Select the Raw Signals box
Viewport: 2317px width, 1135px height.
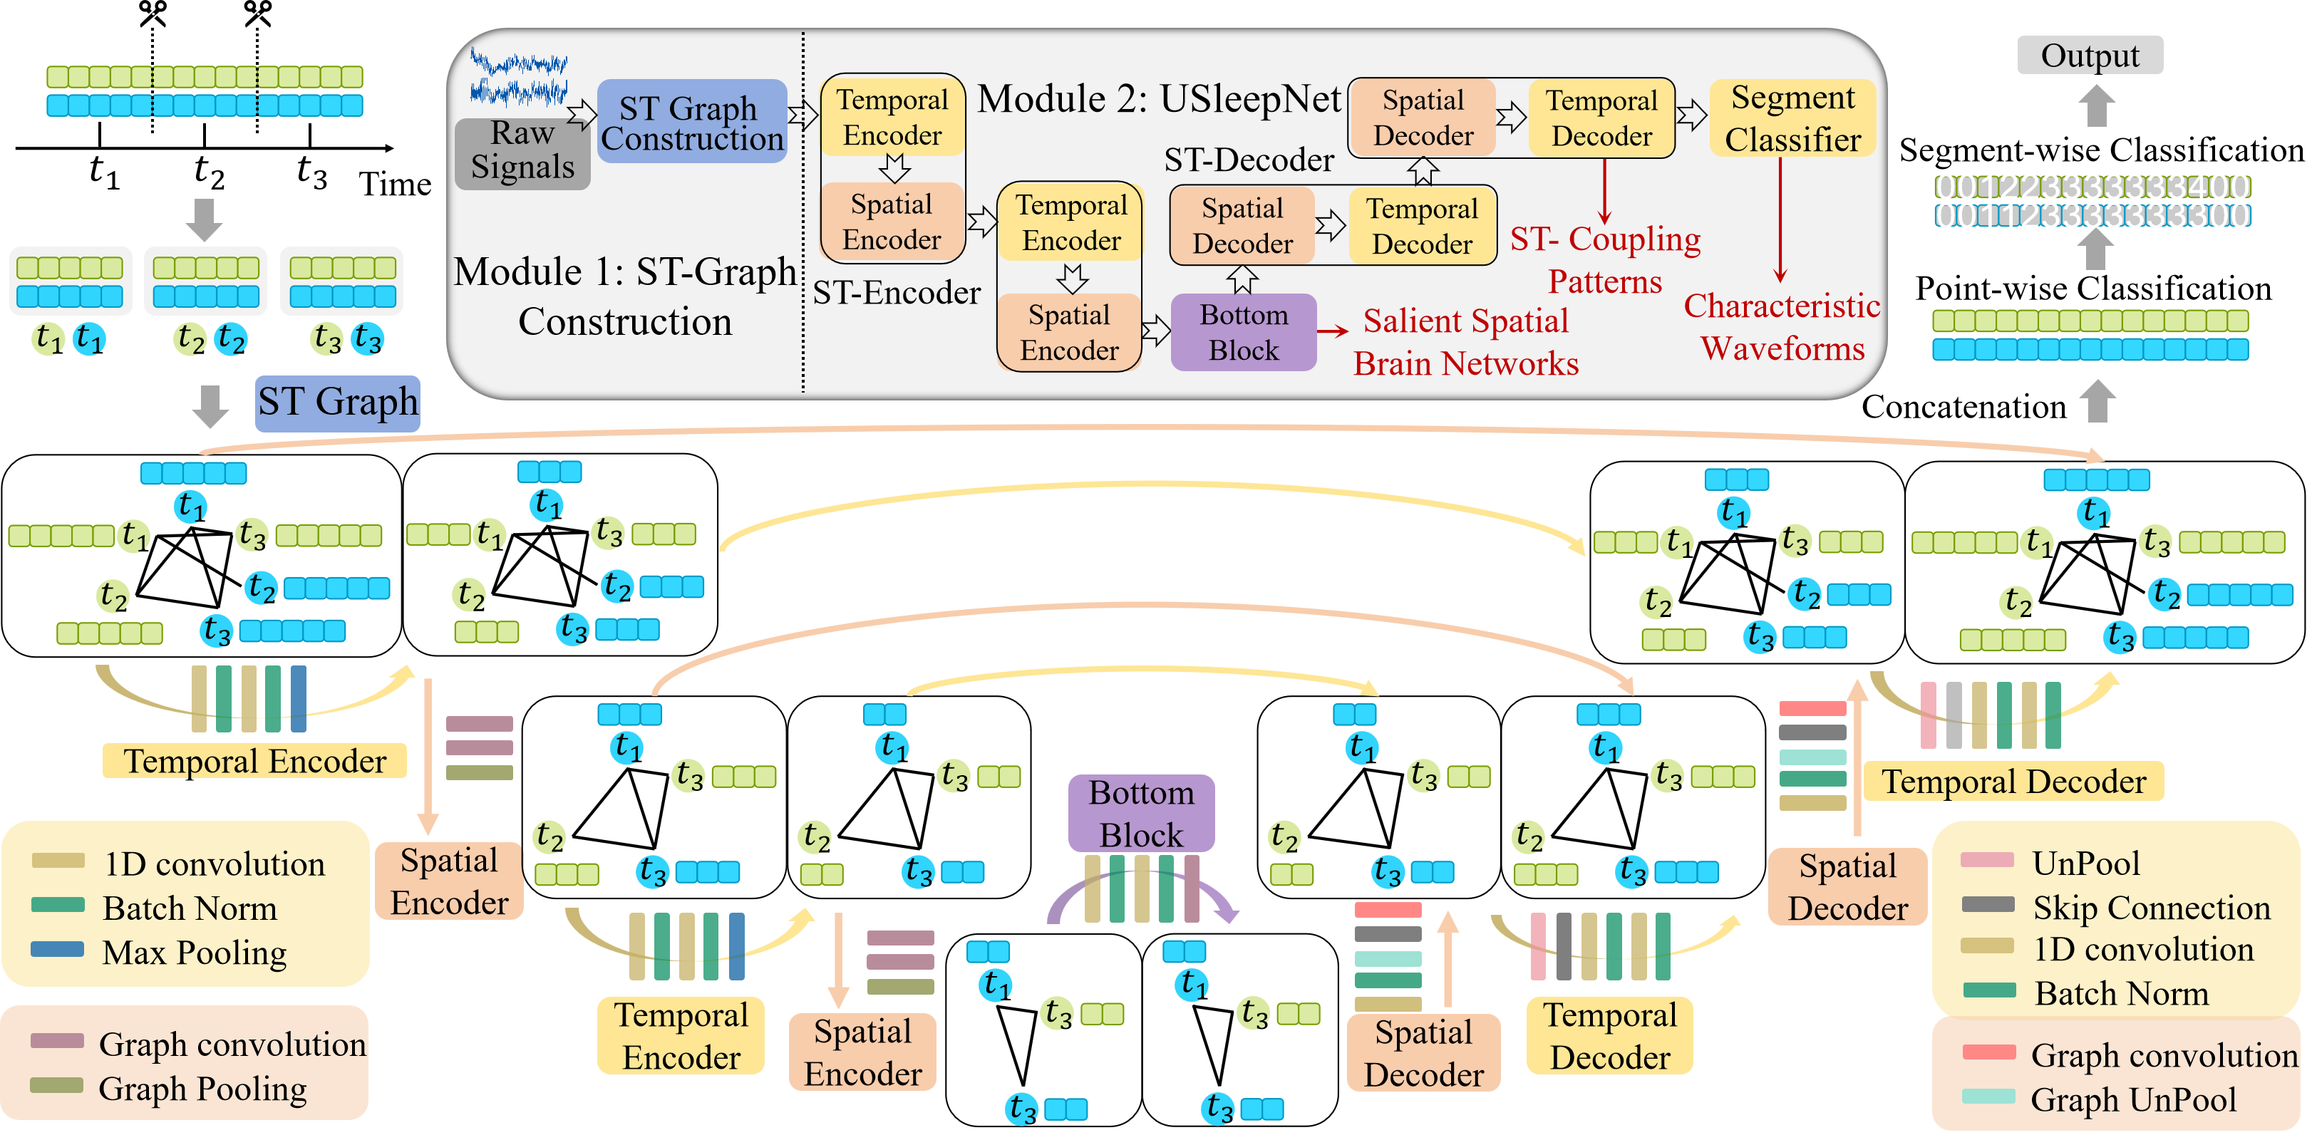522,151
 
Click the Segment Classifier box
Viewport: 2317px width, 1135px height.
1792,118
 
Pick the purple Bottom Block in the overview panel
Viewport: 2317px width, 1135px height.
1243,332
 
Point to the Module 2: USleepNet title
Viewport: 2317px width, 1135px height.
1159,99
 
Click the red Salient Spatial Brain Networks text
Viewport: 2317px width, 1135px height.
1465,342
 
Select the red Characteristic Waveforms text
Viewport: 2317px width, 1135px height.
1782,326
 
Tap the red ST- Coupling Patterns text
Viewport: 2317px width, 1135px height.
1604,260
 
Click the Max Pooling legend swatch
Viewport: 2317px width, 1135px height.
58,950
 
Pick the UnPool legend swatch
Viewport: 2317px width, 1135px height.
1986,861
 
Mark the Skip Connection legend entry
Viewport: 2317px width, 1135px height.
2151,908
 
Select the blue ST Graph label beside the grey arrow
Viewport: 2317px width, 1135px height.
337,402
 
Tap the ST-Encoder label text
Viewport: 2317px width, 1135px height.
896,292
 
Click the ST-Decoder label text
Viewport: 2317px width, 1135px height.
1249,160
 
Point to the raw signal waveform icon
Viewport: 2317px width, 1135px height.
519,78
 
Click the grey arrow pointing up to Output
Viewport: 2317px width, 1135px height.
2097,105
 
